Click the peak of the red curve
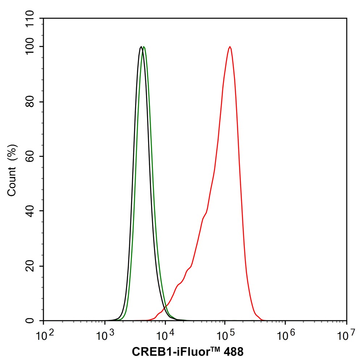coord(230,47)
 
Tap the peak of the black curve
coord(141,47)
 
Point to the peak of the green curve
coord(144,47)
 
